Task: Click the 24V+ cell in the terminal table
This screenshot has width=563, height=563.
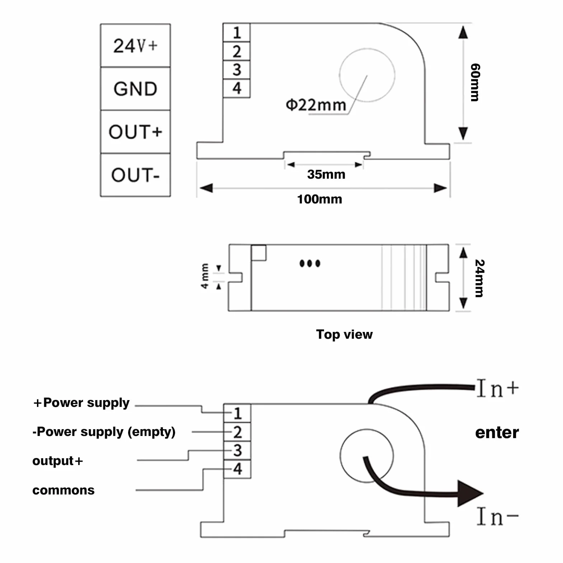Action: point(135,46)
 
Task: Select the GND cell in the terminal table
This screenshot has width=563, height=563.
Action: point(135,89)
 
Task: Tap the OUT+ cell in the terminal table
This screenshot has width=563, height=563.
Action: point(135,132)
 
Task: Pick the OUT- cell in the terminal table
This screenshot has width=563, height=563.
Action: point(135,175)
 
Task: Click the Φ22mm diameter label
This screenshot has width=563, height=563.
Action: point(316,105)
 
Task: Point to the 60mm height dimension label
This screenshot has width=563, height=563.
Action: point(475,83)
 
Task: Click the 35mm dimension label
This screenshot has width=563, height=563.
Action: point(326,174)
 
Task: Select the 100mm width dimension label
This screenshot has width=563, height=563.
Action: point(319,199)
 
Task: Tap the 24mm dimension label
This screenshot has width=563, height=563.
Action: point(479,278)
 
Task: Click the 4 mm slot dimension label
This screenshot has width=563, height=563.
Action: point(205,276)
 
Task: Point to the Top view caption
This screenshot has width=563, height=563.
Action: point(344,334)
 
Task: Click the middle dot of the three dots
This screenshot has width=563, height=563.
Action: point(310,264)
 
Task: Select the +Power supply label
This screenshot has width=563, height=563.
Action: point(81,403)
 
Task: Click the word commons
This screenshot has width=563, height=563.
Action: point(64,490)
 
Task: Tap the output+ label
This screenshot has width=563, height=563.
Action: point(58,461)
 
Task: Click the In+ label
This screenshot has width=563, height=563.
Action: point(498,388)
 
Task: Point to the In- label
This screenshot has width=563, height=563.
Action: point(498,517)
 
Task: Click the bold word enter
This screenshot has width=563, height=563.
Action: point(497,433)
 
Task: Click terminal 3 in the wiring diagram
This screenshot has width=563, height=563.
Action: point(237,450)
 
